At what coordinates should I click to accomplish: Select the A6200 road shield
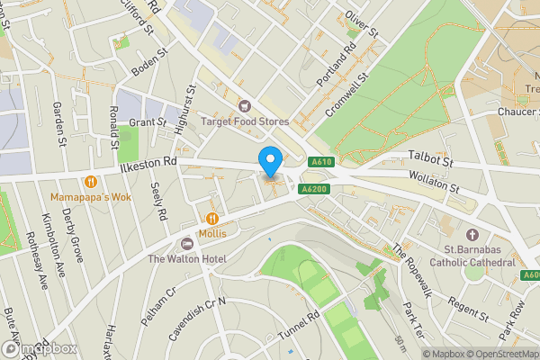pyautogui.click(x=312, y=189)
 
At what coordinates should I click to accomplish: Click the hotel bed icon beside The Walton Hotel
pyautogui.click(x=187, y=244)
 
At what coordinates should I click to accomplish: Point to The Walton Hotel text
pyautogui.click(x=187, y=259)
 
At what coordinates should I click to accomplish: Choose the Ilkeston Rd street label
pyautogui.click(x=148, y=163)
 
